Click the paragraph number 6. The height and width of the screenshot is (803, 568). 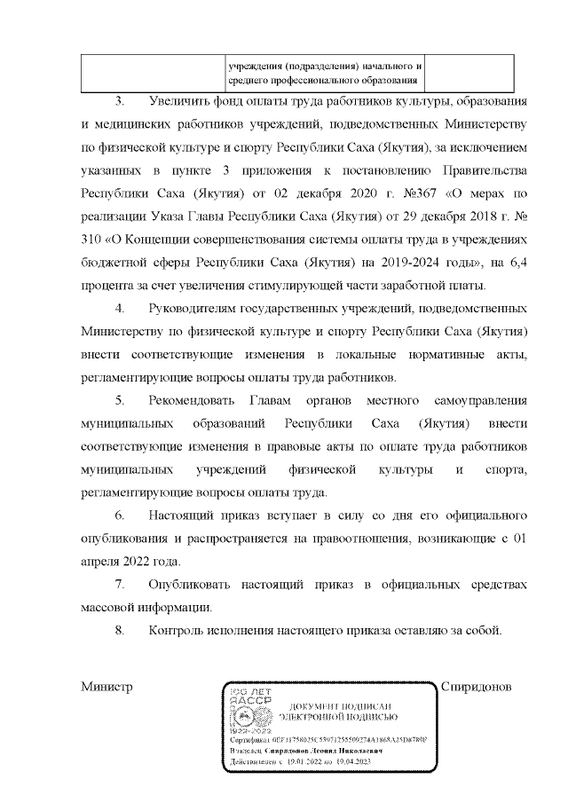(120, 516)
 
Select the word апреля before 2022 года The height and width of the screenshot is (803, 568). (101, 563)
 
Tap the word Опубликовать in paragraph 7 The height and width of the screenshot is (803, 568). (193, 586)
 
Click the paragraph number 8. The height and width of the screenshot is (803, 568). (120, 632)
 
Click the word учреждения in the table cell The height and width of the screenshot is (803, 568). (256, 67)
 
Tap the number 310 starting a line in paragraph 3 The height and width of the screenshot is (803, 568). (92, 239)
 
